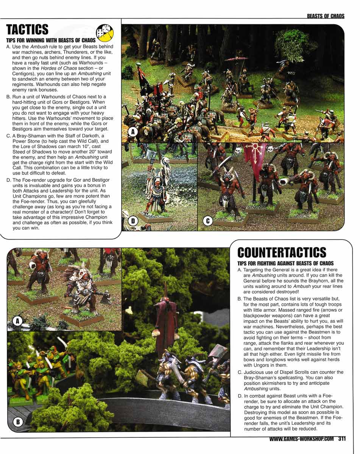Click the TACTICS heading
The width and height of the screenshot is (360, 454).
tap(27, 30)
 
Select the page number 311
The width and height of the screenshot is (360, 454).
tap(342, 439)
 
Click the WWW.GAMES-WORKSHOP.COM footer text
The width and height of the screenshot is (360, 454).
tap(302, 439)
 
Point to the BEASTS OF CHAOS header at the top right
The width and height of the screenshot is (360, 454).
tap(326, 16)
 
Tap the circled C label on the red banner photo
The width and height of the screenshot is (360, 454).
tap(207, 222)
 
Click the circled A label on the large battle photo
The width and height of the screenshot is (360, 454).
tap(132, 132)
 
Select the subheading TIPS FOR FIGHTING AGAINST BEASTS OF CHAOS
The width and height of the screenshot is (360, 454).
tap(285, 263)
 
